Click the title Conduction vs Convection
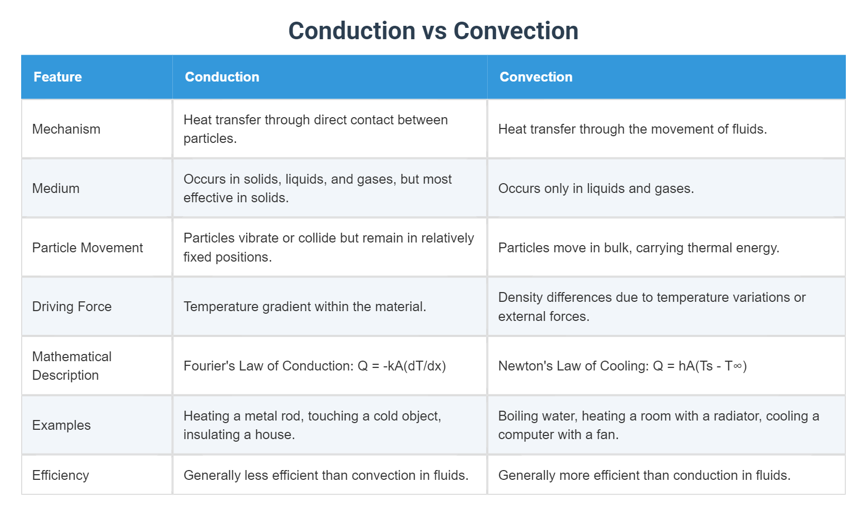click(x=433, y=31)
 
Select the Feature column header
click(x=58, y=77)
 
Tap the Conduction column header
click(x=222, y=77)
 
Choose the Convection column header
click(x=536, y=77)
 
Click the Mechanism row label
click(x=66, y=129)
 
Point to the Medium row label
click(x=56, y=188)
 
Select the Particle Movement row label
click(x=87, y=248)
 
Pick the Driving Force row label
click(x=72, y=306)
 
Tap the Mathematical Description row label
click(x=72, y=366)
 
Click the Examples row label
click(x=61, y=425)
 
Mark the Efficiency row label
click(x=60, y=475)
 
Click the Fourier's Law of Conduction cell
click(x=314, y=366)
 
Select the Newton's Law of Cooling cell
click(x=622, y=366)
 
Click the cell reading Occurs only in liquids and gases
click(x=596, y=188)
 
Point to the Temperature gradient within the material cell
click(x=304, y=306)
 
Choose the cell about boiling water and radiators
click(x=658, y=425)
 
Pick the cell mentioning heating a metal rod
click(x=312, y=425)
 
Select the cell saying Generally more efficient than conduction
click(x=644, y=475)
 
